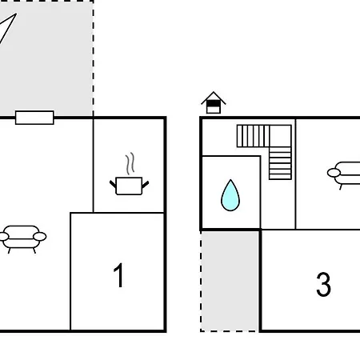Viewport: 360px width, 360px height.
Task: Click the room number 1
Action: pyautogui.click(x=118, y=275)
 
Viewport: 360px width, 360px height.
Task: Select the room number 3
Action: pyautogui.click(x=323, y=285)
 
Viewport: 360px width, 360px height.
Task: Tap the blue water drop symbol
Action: pyautogui.click(x=230, y=195)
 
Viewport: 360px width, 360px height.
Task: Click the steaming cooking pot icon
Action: pyautogui.click(x=129, y=174)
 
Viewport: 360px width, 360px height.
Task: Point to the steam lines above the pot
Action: pyautogui.click(x=130, y=163)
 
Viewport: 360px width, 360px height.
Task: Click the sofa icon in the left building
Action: pyautogui.click(x=22, y=239)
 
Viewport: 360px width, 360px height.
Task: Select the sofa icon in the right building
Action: pyautogui.click(x=344, y=175)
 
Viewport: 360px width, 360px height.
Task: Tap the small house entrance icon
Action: pyautogui.click(x=214, y=102)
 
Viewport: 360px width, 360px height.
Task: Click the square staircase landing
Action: pyautogui.click(x=280, y=136)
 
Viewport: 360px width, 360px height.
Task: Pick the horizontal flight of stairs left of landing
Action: pyautogui.click(x=253, y=136)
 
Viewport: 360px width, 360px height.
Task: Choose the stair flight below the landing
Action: pyautogui.click(x=280, y=163)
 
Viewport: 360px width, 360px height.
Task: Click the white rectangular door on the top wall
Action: pyautogui.click(x=34, y=118)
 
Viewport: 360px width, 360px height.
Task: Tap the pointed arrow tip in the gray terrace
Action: pyautogui.click(x=16, y=14)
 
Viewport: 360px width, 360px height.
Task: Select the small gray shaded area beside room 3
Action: pyautogui.click(x=230, y=282)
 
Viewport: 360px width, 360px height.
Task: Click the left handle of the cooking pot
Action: pyautogui.click(x=113, y=184)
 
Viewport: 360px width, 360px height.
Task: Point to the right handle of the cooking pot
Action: pyautogui.click(x=146, y=184)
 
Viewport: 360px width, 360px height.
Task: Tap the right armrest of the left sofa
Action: pyautogui.click(x=40, y=237)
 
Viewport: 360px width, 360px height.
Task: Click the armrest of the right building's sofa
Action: pyautogui.click(x=334, y=173)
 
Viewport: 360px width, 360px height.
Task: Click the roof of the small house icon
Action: pyautogui.click(x=214, y=98)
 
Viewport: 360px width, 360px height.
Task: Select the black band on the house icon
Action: pyautogui.click(x=214, y=103)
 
